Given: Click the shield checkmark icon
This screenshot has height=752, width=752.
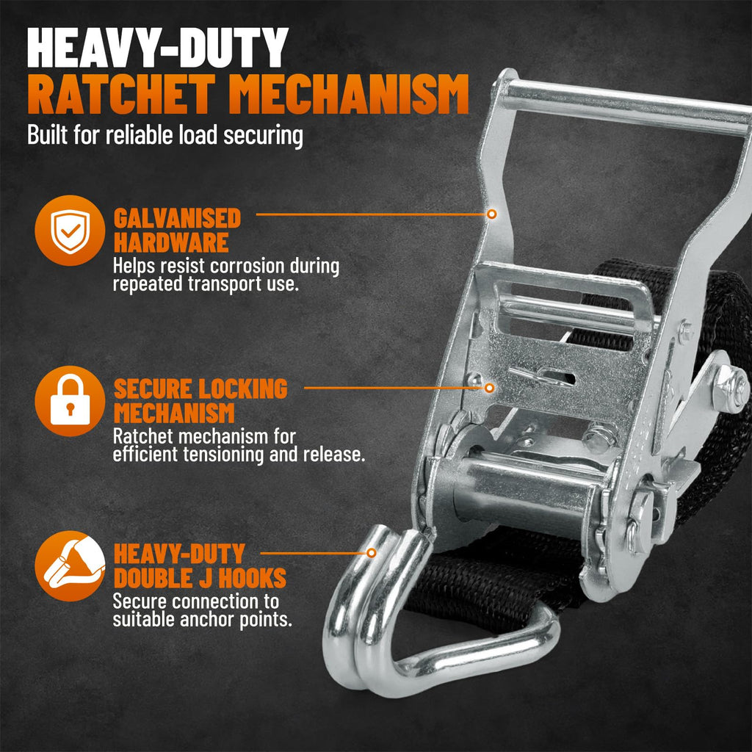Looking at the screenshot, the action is pyautogui.click(x=70, y=231).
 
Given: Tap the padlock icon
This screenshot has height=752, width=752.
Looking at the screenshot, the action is pyautogui.click(x=70, y=400).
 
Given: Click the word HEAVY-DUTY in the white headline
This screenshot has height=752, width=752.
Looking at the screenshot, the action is pyautogui.click(x=158, y=48).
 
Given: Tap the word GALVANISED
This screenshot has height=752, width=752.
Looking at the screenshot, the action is pyautogui.click(x=177, y=219).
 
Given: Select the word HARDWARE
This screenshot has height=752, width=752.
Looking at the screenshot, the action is pyautogui.click(x=170, y=242).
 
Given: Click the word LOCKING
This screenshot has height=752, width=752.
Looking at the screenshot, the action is pyautogui.click(x=243, y=388).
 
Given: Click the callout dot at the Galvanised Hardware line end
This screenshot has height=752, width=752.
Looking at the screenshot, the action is pyautogui.click(x=491, y=214).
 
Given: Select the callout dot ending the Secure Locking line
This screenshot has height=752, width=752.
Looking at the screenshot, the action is pyautogui.click(x=489, y=388).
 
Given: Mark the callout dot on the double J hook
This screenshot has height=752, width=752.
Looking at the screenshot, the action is pyautogui.click(x=371, y=553).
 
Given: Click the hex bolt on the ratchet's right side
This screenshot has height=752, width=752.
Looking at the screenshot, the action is pyautogui.click(x=731, y=388).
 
